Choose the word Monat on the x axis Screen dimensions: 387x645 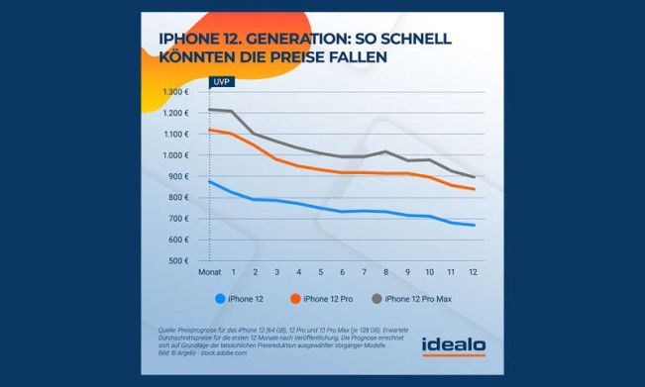click(208, 271)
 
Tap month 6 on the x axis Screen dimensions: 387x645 click(343, 271)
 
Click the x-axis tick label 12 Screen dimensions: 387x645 click(474, 271)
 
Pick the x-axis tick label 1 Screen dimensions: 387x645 click(234, 271)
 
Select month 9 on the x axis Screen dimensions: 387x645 click(408, 271)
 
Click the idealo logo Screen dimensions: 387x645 click(454, 344)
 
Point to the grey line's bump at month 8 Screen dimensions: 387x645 click(386, 151)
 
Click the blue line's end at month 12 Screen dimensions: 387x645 click(474, 225)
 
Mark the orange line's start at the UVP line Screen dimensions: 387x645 click(209, 130)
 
